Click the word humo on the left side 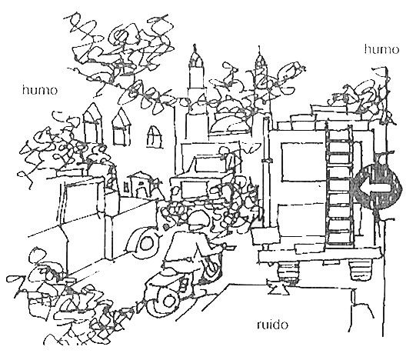40,90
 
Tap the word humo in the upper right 381,49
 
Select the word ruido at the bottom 272,325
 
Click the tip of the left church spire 195,45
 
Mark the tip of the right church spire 259,47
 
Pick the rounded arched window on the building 154,137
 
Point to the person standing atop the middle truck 226,157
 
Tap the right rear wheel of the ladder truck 361,269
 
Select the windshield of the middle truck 194,189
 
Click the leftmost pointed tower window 92,123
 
